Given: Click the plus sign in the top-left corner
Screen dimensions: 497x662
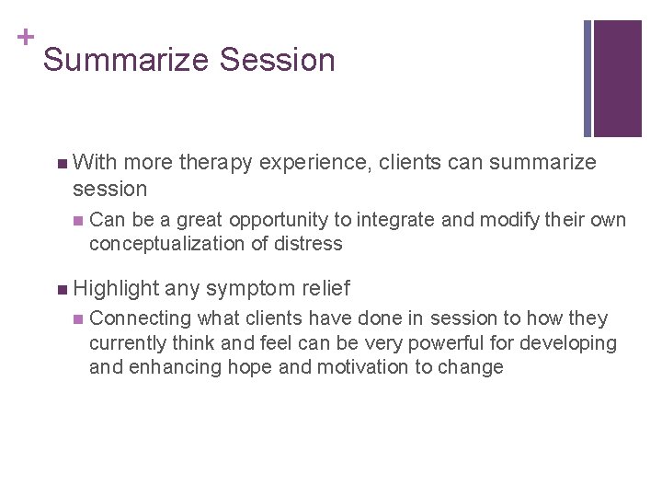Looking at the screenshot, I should pos(25,37).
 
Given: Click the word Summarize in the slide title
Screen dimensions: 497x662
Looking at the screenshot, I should pos(124,61).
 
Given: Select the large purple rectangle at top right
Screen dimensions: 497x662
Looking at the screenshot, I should pos(618,78).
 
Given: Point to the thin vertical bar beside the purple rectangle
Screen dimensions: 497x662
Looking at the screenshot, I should pos(588,78).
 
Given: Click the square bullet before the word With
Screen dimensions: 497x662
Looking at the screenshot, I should pos(61,164).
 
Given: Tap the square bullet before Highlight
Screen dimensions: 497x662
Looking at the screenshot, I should pos(61,290).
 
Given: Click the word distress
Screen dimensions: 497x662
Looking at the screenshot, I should pos(311,244).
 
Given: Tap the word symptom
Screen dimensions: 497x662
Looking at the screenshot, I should pos(251,289).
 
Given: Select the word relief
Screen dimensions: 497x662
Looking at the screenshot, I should pos(325,289).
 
